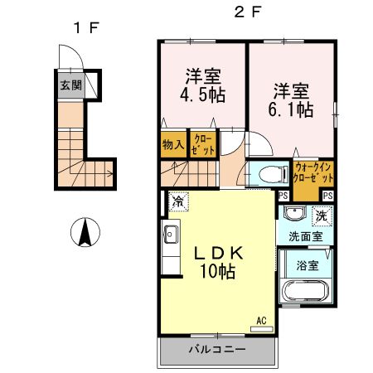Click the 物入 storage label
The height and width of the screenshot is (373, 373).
point(172,144)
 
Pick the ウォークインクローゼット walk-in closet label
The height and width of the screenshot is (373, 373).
point(312,176)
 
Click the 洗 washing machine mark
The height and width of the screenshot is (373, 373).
point(322,216)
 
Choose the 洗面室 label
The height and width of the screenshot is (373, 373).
point(305,236)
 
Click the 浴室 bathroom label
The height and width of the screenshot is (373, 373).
point(308,265)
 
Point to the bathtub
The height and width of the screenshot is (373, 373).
point(305,293)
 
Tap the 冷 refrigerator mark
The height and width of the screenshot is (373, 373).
point(177,201)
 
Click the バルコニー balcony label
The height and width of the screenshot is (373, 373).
point(216,349)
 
